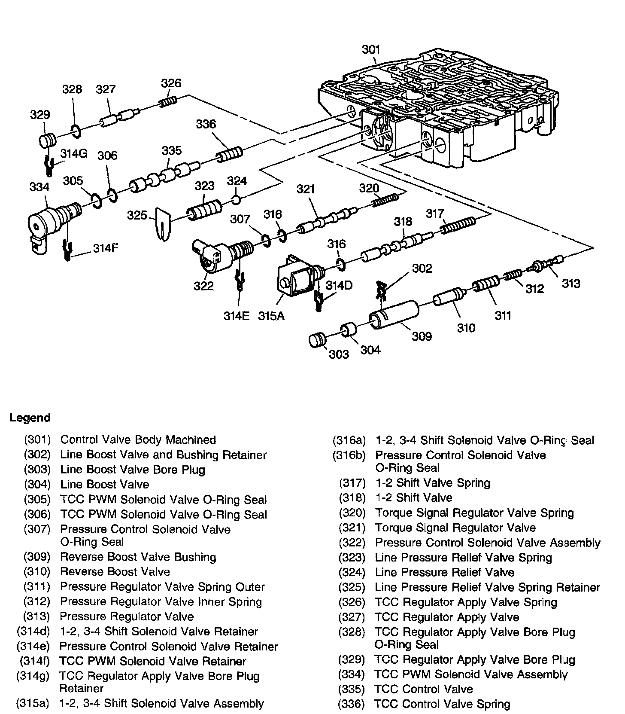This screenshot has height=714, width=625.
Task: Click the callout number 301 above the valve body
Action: tap(371, 50)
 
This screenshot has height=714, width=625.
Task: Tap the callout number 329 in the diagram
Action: tap(40, 115)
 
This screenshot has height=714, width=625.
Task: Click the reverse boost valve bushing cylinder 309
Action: tap(394, 315)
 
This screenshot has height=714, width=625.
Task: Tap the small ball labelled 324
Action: tap(236, 199)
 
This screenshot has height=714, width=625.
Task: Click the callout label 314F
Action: tap(105, 249)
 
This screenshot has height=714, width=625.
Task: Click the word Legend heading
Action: tap(30, 418)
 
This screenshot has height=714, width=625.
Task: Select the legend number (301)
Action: tap(37, 440)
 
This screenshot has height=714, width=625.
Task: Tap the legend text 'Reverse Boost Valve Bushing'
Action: tap(138, 557)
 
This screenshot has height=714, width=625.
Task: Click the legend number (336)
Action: tap(352, 704)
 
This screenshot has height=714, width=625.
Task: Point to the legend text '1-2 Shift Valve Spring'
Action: tap(433, 483)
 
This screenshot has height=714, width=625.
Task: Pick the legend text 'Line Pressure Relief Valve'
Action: tap(444, 572)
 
